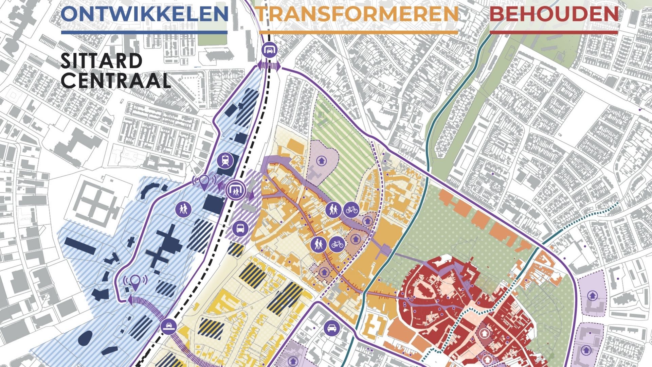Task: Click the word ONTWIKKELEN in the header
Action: (145, 14)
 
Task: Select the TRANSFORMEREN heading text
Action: (358, 14)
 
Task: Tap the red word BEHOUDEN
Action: (554, 14)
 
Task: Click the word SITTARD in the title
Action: (101, 61)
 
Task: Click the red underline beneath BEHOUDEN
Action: (554, 33)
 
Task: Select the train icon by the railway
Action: (225, 160)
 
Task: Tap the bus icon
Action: (240, 228)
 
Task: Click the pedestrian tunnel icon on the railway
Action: (235, 190)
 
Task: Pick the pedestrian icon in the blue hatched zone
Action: (183, 208)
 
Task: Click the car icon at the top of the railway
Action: (270, 50)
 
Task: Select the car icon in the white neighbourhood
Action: (331, 328)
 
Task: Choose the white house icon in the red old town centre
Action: (485, 333)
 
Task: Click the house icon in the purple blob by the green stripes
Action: (321, 160)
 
